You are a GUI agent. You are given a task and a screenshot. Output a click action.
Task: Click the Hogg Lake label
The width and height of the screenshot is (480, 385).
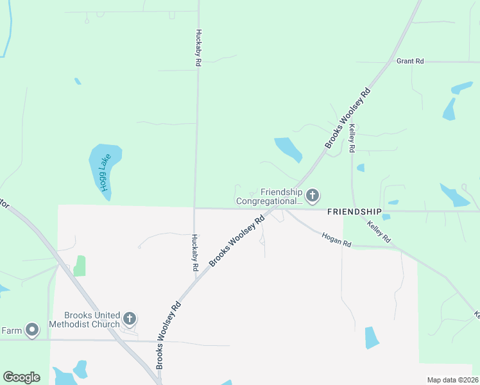[x=105, y=173]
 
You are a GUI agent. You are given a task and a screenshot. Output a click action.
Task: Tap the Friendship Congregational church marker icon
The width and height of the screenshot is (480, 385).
[x=313, y=195]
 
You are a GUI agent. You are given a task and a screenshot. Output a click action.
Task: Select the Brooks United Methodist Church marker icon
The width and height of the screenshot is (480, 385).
[x=130, y=318]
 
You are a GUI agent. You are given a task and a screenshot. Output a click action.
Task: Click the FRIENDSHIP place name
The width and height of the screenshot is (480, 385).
[x=354, y=211]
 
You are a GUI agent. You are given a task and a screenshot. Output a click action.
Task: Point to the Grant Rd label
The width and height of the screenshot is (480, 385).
[x=410, y=61]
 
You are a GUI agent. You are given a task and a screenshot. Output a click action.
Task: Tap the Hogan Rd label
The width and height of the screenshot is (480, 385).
[x=337, y=240]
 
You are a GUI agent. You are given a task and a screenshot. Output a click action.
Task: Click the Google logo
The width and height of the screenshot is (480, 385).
[x=21, y=377]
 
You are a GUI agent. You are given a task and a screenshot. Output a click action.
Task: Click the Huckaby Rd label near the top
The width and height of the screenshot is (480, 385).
[x=199, y=48]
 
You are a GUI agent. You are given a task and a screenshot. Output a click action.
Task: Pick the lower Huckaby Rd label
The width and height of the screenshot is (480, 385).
[x=194, y=252]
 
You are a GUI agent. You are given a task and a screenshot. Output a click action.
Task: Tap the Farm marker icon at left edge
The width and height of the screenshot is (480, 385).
[x=31, y=330]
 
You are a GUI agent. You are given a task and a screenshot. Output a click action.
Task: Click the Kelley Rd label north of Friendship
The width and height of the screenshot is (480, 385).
[x=352, y=139]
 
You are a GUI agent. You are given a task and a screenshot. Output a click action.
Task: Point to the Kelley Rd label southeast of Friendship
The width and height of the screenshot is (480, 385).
[x=379, y=231]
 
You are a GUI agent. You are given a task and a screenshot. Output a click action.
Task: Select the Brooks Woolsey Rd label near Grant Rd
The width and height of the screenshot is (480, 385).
[x=349, y=118]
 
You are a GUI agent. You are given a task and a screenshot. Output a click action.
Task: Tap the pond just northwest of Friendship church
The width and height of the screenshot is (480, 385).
[x=288, y=150]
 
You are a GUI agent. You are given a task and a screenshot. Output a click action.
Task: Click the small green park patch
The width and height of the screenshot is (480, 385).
[x=79, y=266]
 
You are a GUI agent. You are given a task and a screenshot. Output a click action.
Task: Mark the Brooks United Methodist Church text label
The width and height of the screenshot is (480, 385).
[x=92, y=320]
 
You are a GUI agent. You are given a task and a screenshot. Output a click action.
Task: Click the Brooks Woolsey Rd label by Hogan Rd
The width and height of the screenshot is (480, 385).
[x=237, y=241]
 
